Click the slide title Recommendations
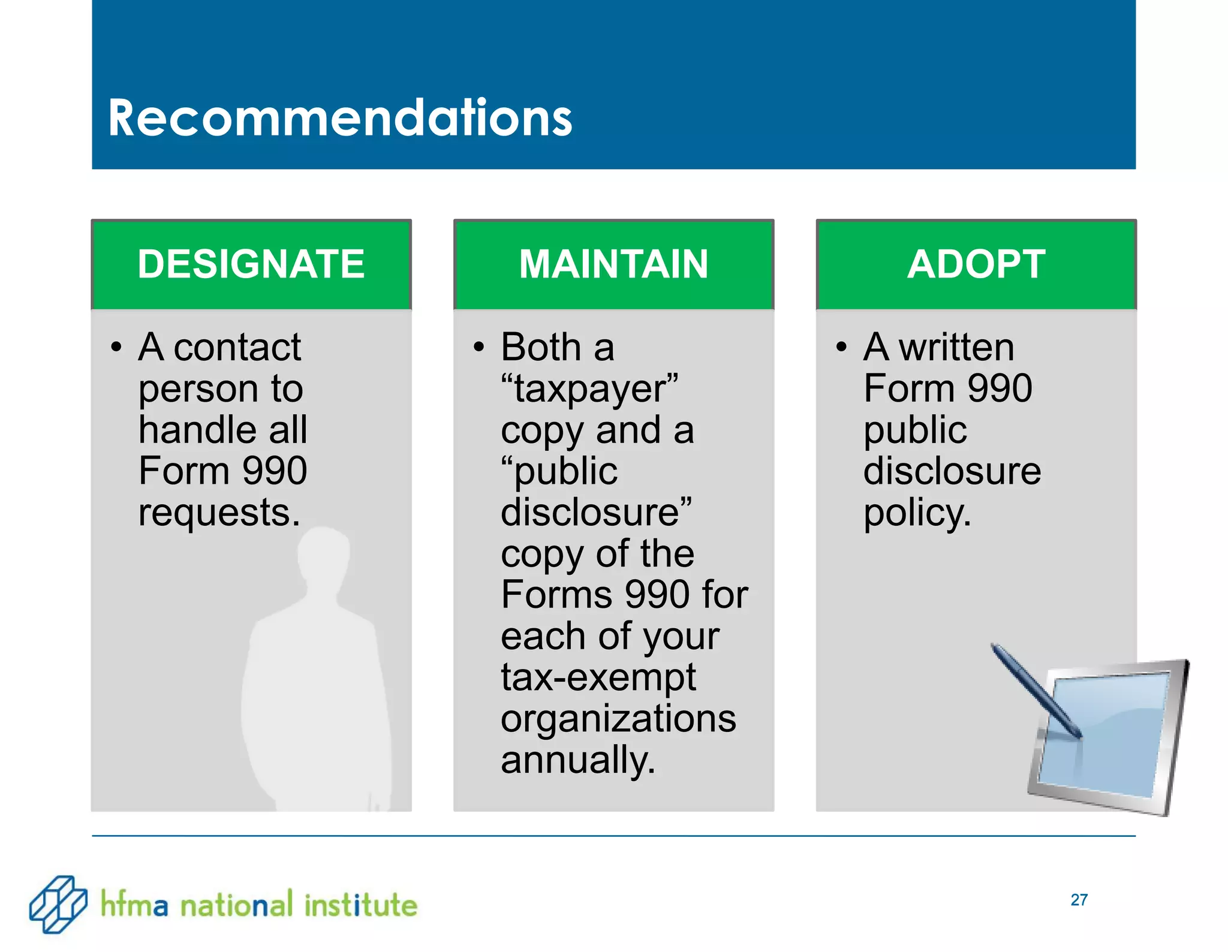(340, 118)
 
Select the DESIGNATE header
(251, 264)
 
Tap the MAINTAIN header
(613, 264)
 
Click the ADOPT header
(976, 264)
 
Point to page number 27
(1079, 900)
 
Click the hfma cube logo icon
(58, 904)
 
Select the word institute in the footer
(360, 904)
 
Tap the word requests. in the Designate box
(219, 513)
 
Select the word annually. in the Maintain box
(578, 760)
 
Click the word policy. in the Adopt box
(917, 513)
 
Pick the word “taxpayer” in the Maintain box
(589, 388)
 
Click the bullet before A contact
(116, 347)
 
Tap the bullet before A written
(841, 347)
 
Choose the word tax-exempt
(598, 677)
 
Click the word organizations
(618, 719)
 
